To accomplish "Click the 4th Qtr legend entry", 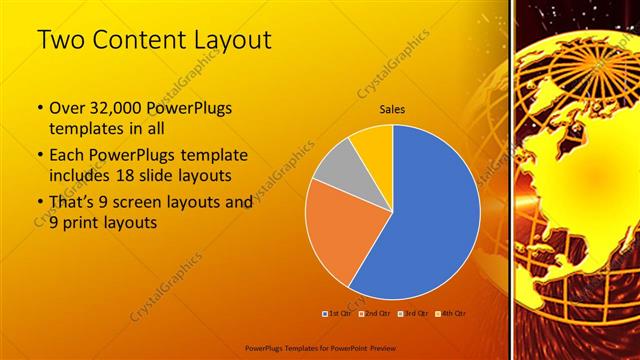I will (x=451, y=313).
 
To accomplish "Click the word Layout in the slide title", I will (x=232, y=41).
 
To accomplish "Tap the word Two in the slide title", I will (x=60, y=41).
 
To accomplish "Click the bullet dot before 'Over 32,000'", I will (x=39, y=108).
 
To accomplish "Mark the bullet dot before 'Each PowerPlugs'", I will (x=39, y=156).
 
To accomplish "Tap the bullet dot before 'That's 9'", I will (x=39, y=202).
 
